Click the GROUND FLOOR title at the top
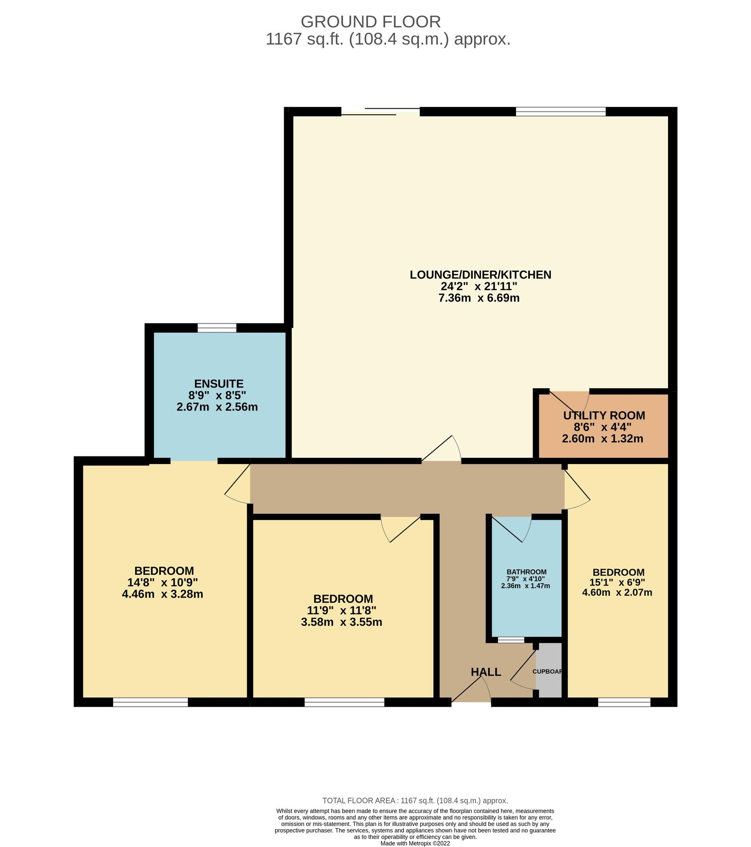tap(371, 22)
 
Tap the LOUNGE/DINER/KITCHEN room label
tap(480, 275)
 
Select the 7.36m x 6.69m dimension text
tap(479, 298)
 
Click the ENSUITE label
tap(218, 384)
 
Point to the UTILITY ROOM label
tap(604, 416)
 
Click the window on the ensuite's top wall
tap(217, 328)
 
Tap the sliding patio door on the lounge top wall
tap(380, 112)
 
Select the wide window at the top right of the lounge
tap(560, 112)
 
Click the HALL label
tap(486, 672)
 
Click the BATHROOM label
tap(526, 572)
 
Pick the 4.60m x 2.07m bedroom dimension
tap(617, 592)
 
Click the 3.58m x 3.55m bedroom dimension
tap(341, 622)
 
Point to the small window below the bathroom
tap(511, 640)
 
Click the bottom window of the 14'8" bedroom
tap(151, 702)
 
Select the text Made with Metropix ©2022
tap(415, 843)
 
